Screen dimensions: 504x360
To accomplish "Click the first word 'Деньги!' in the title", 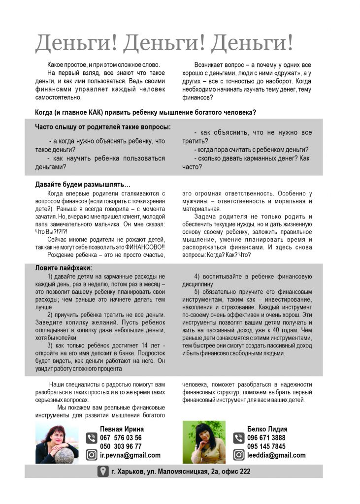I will [76, 44].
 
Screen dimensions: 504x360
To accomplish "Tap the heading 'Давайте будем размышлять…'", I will [83, 185].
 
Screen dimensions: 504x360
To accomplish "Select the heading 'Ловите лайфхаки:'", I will [64, 268].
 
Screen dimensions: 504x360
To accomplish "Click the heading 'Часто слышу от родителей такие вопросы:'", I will [103, 127].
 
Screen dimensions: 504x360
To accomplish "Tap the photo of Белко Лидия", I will [204, 441].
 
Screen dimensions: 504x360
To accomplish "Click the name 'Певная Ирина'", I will [122, 429].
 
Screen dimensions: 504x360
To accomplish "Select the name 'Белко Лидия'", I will [267, 429].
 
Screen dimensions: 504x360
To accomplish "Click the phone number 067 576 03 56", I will [121, 438].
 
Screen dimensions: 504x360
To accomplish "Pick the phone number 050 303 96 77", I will [121, 446].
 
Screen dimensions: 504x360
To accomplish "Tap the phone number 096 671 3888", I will [266, 438].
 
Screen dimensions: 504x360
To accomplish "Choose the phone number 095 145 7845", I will [266, 446].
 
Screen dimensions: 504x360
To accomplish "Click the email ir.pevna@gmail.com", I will [130, 455].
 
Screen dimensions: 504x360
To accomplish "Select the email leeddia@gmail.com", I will [276, 455].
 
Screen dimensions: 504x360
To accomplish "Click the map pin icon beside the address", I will [102, 472].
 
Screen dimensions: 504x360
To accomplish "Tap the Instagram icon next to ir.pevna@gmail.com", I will [92, 455].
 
